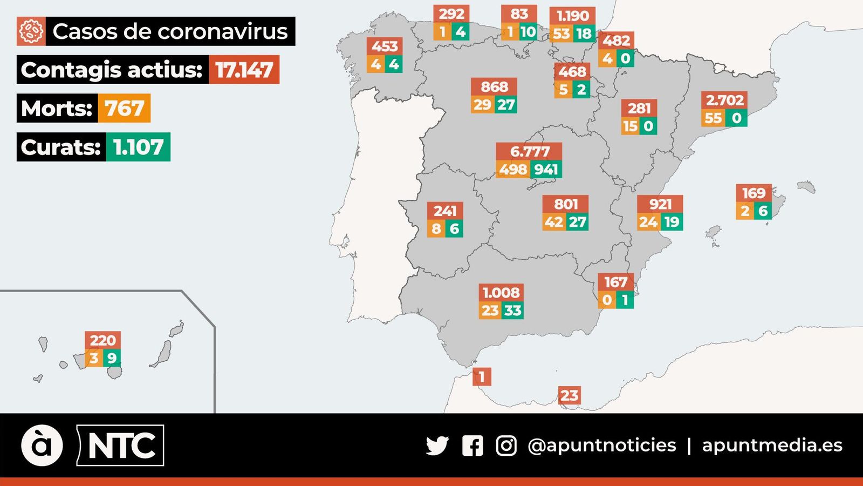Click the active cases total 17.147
coord(244,70)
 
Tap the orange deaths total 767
coord(124,109)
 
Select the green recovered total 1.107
coord(138,147)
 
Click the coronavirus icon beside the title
coord(31,31)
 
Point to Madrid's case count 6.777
coord(529,152)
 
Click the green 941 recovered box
coord(546,170)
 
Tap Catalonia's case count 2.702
coord(724,100)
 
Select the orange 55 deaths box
coord(713,118)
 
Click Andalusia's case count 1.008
coord(501,293)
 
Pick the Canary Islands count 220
coord(102,340)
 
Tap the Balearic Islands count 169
coord(754,193)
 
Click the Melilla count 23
coord(569,396)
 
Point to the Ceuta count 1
coord(482,376)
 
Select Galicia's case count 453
coord(385,46)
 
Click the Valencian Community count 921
coord(660,204)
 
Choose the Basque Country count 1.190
coord(573,16)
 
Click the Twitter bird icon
coord(437,446)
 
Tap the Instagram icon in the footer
coord(506,446)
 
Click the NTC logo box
coord(120,446)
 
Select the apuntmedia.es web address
coord(772,446)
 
